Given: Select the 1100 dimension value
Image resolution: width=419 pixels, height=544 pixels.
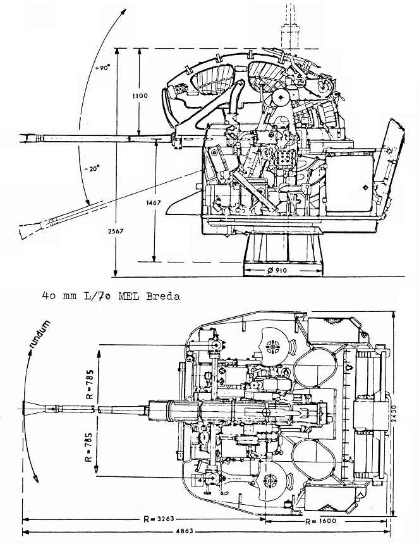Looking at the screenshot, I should click(x=140, y=96).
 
